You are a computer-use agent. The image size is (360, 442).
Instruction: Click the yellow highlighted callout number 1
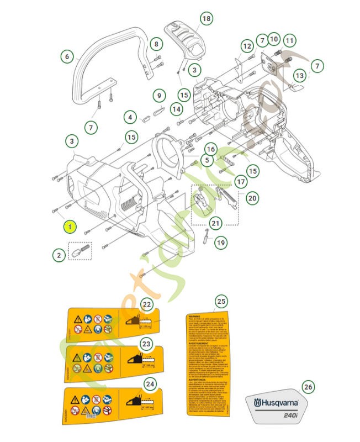tap(70, 227)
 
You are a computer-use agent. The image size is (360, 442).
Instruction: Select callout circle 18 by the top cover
tap(205, 19)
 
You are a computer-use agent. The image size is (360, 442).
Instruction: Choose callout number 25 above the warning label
tap(221, 301)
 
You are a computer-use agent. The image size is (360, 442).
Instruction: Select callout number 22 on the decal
tap(146, 305)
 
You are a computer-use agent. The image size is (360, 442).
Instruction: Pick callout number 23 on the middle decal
tap(146, 344)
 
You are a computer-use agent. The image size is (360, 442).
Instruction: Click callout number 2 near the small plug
tap(59, 255)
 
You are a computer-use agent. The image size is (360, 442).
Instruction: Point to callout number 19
tap(221, 243)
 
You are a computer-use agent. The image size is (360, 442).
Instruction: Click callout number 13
tap(299, 75)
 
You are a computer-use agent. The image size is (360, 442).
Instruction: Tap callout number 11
tap(290, 40)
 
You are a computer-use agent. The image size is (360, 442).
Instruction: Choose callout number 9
tap(159, 96)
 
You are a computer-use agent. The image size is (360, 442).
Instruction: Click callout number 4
tap(130, 117)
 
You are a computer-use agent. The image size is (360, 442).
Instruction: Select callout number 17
tap(241, 181)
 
